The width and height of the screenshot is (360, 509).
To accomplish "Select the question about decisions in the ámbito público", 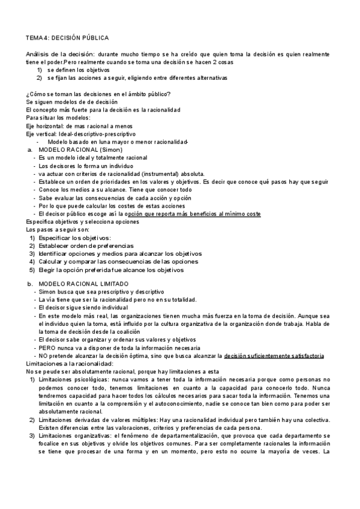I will coord(98,93).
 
